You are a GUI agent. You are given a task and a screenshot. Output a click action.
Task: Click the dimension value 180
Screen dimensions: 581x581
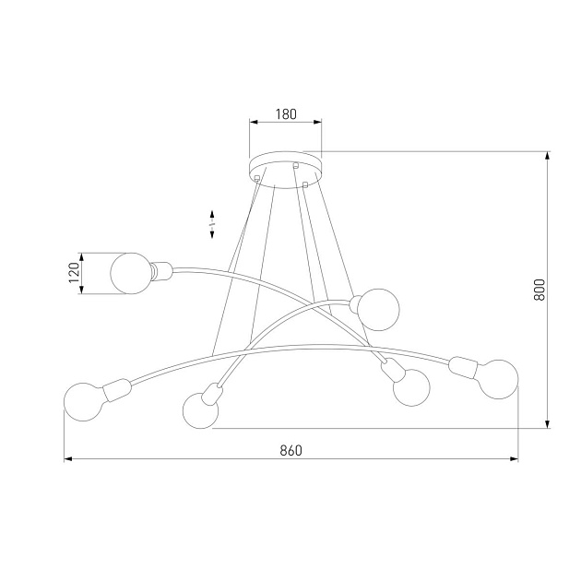(286, 115)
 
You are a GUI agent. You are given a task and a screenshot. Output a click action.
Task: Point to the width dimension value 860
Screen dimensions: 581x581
(290, 451)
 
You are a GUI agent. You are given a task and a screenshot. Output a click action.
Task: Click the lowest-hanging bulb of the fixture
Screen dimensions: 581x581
(201, 410)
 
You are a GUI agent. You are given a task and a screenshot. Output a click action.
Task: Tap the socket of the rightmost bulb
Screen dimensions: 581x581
(461, 370)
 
